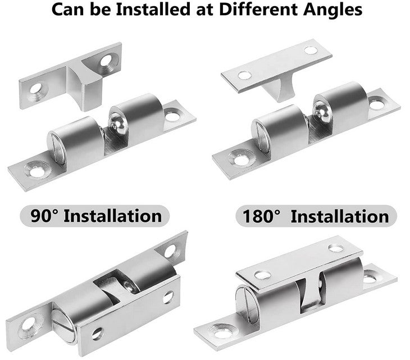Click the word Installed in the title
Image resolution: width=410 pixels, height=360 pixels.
153,10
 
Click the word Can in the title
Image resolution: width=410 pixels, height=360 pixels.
69,10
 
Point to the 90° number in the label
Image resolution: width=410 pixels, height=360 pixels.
44,216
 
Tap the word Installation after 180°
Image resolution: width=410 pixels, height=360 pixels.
340,217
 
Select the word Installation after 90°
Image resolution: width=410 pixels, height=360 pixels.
113,216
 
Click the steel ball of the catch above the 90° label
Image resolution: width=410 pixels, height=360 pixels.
118,124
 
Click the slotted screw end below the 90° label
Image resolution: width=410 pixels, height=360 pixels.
64,326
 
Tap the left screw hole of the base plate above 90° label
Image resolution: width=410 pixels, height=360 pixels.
37,171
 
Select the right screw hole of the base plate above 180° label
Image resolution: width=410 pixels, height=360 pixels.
377,104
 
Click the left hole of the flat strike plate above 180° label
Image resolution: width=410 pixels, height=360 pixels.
244,75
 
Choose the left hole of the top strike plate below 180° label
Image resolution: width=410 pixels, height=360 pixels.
262,275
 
